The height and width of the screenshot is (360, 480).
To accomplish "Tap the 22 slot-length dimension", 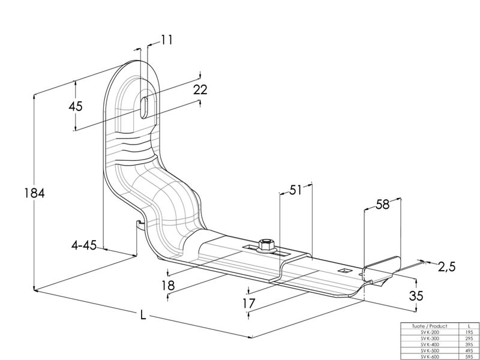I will point(200,90).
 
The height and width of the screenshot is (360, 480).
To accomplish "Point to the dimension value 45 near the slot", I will point(76,107).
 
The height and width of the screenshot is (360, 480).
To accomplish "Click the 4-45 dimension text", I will point(84,245).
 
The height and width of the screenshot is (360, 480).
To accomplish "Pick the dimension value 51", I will point(295,191).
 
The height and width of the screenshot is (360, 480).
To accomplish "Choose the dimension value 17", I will point(249,304).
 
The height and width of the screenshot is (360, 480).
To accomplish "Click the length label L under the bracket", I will point(143,316).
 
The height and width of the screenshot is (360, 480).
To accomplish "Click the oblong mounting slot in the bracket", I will point(145,106).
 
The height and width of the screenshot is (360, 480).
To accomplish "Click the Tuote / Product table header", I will point(428,326).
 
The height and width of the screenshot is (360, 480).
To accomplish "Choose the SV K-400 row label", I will point(428,345).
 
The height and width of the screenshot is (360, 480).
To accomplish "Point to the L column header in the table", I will point(469,326).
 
